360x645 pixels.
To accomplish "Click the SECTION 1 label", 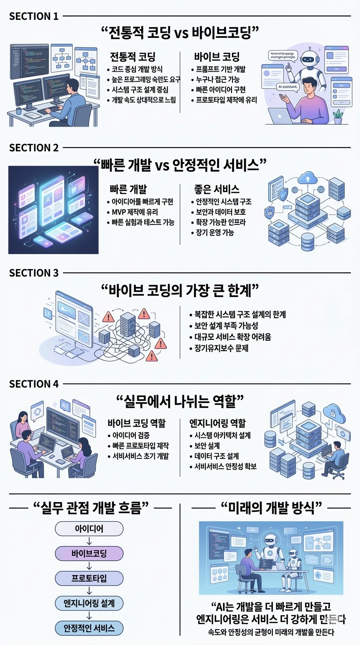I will pos(34,16).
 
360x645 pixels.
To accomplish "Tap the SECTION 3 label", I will pos(34,273).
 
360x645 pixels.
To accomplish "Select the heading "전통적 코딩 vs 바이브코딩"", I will pos(180,34).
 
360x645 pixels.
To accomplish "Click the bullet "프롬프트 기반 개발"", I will pos(221,69).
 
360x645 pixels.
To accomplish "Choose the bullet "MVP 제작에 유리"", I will pos(134,212).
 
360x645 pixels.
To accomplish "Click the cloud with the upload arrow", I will pos(308,178).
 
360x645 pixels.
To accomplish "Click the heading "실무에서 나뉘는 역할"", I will pos(180,401).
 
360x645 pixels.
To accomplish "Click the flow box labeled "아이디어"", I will pos(89,529).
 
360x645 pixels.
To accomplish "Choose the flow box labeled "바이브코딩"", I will pos(89,554).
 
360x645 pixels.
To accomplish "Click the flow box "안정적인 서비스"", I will pos(89,628).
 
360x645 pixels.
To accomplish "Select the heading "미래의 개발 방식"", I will pos(270,507).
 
